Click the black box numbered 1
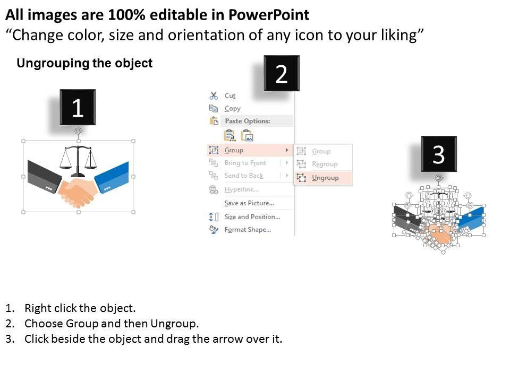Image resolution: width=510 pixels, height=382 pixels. tap(78, 107)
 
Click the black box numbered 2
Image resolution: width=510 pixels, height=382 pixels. tap(282, 73)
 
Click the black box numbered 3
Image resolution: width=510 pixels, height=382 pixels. tap(439, 154)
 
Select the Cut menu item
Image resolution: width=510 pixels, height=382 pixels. tap(229, 95)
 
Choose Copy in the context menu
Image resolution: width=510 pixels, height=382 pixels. tap(232, 108)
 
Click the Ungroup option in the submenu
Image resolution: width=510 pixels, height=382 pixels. tap(325, 178)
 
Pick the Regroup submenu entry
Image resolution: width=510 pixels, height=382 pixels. tap(325, 164)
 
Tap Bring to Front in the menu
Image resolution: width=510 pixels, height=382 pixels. tap(245, 163)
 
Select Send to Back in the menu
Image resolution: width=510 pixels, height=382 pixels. tap(244, 176)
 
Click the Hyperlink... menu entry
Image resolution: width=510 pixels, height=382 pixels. tap(241, 189)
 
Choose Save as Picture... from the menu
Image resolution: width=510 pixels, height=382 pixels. tap(249, 203)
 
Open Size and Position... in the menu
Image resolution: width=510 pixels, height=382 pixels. tap(252, 216)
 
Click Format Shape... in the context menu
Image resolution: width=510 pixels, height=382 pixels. tap(248, 230)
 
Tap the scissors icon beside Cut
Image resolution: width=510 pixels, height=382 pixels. tap(214, 95)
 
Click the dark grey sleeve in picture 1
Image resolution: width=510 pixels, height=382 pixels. tap(44, 176)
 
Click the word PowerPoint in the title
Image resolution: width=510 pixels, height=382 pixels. tap(269, 15)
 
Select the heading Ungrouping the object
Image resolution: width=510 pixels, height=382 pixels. tap(84, 63)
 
